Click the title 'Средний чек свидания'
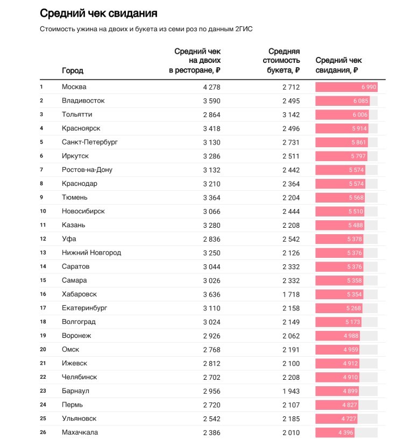pyautogui.click(x=98, y=13)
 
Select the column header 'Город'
pyautogui.click(x=73, y=70)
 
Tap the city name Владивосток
pyautogui.click(x=83, y=100)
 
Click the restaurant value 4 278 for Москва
pyautogui.click(x=211, y=87)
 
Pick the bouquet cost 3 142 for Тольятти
pyautogui.click(x=290, y=114)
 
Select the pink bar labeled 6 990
pyautogui.click(x=346, y=87)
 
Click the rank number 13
pyautogui.click(x=43, y=252)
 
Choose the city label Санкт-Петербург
pyautogui.click(x=90, y=142)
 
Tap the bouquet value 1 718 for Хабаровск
pyautogui.click(x=290, y=294)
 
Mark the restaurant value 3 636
pyautogui.click(x=211, y=294)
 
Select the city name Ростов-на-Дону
pyautogui.click(x=87, y=170)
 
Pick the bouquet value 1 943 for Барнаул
pyautogui.click(x=290, y=391)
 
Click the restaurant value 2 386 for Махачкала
pyautogui.click(x=211, y=432)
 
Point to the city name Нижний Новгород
pyautogui.click(x=91, y=252)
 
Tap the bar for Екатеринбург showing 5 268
pyautogui.click(x=338, y=308)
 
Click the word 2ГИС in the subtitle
pyautogui.click(x=243, y=29)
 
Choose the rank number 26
pyautogui.click(x=43, y=432)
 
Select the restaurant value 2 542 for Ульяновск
pyautogui.click(x=211, y=418)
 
